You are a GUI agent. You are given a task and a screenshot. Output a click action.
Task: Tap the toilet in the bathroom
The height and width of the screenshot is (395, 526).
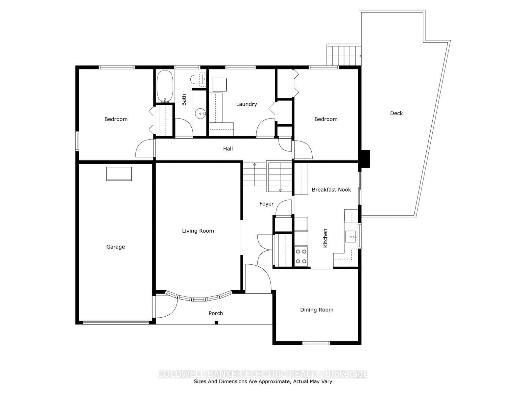pos(198,79)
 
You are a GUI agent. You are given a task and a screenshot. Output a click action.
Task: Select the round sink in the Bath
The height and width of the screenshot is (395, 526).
pos(200,114)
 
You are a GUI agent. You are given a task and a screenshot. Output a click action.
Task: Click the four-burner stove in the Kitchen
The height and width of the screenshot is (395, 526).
pos(301,256)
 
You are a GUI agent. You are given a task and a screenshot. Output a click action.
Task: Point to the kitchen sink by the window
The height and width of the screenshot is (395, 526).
pos(351,236)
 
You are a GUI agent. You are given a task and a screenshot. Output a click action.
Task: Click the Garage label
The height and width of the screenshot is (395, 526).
pos(115,247)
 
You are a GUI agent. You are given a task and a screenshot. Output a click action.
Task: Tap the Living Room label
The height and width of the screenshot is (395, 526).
pos(198,231)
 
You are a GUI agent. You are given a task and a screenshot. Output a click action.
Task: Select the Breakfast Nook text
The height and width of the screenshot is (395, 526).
pos(331,190)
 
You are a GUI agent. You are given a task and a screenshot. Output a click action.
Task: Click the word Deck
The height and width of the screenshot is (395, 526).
pos(396,113)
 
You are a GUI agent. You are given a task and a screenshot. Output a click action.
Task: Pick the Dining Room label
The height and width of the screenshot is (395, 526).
pos(317,310)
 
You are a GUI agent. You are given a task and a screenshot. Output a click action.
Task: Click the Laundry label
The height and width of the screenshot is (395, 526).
pos(246,104)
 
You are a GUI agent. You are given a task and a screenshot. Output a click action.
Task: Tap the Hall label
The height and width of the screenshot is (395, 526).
pos(228,149)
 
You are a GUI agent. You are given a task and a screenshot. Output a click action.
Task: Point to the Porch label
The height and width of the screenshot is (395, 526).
pos(216,313)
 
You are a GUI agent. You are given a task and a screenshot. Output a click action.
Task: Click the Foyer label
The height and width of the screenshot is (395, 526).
pos(266,204)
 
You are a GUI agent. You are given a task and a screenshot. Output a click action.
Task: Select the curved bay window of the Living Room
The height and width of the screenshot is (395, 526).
pos(199,297)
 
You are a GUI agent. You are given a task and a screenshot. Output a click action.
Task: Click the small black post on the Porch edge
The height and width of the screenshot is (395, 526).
pos(216,323)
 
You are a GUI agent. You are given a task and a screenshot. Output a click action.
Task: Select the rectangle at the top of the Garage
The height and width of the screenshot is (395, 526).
pos(119,174)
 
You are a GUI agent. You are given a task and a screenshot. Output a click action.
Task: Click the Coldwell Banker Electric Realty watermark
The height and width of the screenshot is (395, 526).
pos(263,374)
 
